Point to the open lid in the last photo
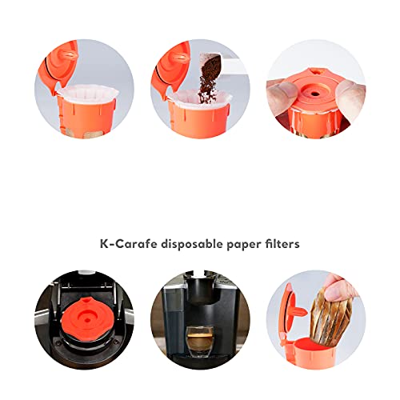click(286, 308)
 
